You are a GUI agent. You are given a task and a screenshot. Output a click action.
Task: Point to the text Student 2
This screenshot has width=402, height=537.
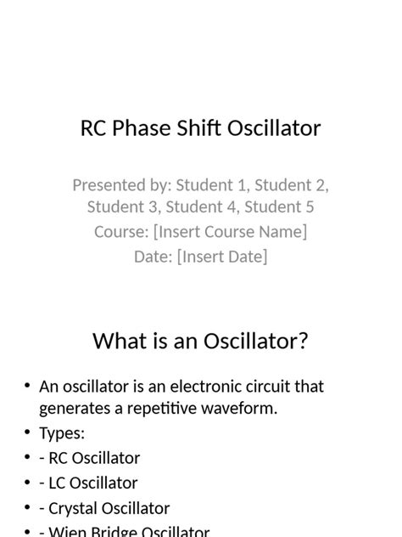pos(291,185)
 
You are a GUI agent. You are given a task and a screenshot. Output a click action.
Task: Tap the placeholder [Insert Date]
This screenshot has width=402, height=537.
pos(222,256)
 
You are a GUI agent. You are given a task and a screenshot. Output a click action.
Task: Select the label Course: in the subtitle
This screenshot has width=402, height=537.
pos(121,231)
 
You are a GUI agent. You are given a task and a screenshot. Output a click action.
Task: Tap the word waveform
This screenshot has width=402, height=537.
pos(240,409)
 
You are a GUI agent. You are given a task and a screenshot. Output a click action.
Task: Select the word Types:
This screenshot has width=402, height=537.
pos(62,433)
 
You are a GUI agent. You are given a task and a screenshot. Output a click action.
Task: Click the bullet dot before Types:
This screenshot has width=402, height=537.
pos(28,433)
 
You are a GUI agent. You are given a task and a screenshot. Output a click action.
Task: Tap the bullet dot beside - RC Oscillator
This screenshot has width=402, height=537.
pos(28,459)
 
